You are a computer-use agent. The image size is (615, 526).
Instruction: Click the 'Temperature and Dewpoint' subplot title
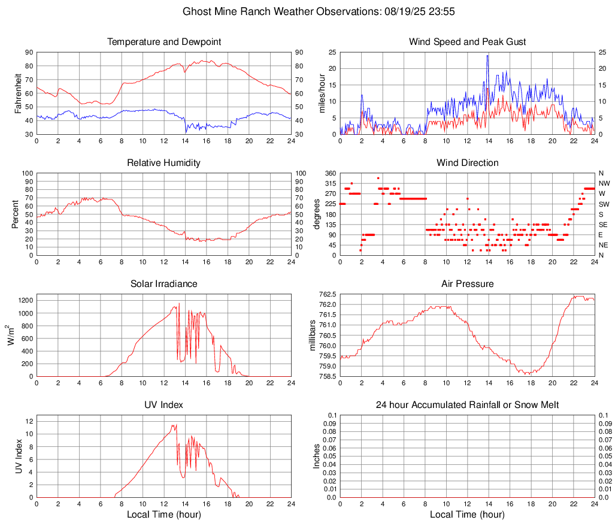coord(164,42)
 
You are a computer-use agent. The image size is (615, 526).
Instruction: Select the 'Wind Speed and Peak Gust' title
coord(467,42)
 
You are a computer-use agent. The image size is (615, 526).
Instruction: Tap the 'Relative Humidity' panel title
coord(164,163)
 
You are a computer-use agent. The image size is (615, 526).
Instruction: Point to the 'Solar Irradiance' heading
coord(164,284)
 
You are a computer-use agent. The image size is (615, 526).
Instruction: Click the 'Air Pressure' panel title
coord(467,284)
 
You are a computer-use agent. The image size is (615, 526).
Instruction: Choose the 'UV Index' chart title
coord(164,405)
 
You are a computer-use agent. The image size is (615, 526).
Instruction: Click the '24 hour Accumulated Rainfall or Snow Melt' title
coord(467,405)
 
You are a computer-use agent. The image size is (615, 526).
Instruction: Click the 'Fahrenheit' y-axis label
coord(17,93)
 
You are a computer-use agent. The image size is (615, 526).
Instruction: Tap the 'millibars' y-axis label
coord(312,335)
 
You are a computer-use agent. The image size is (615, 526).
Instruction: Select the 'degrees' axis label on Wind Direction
coord(317,214)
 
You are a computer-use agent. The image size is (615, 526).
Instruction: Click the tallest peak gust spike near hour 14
coord(488,55)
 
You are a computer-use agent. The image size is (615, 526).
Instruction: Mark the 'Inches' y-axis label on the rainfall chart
coord(317,456)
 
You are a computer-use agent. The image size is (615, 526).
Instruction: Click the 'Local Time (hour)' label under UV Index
coord(164,515)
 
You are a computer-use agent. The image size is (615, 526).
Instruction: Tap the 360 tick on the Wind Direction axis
coord(331,173)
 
